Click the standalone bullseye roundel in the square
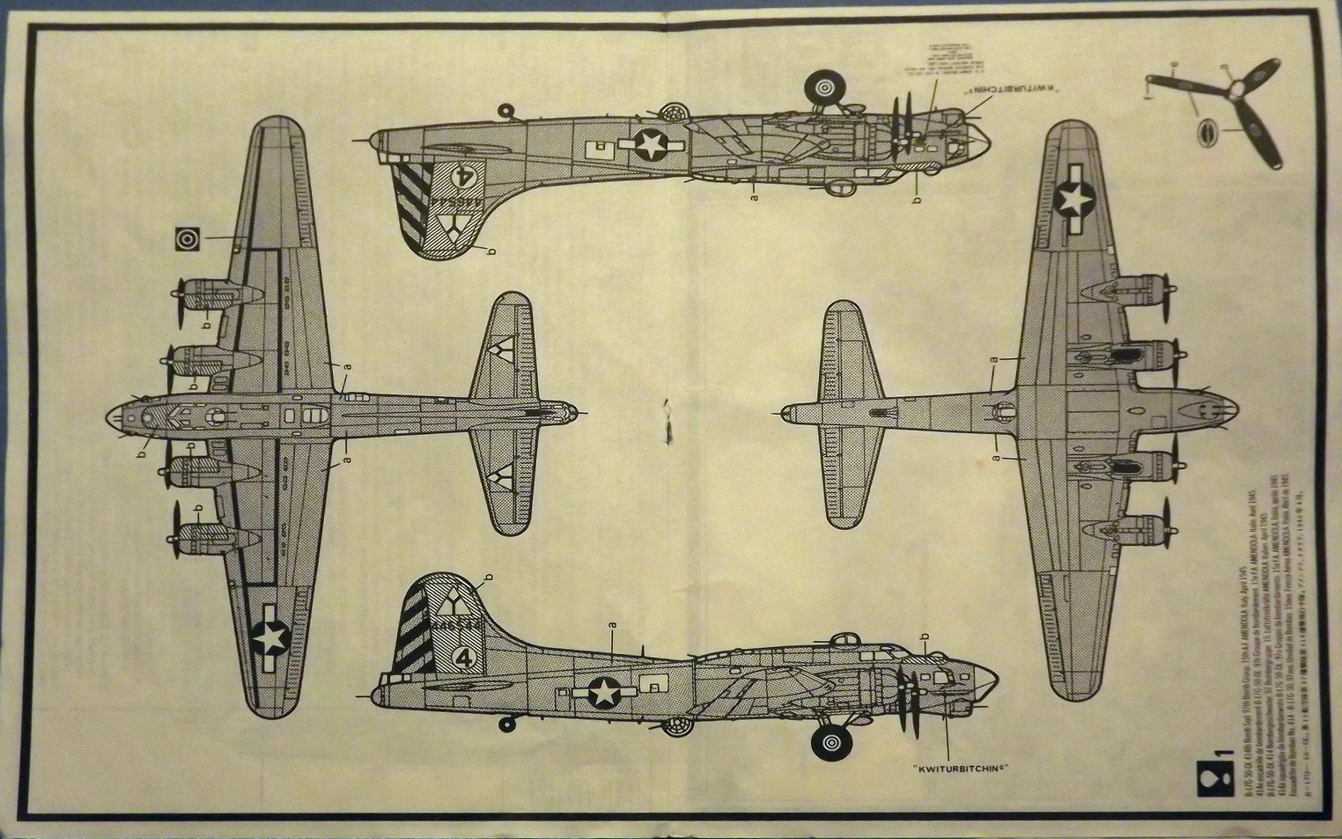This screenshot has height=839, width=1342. (x=188, y=239)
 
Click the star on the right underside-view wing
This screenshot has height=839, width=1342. (x=1074, y=201)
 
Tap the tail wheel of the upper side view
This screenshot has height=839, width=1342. (x=505, y=110)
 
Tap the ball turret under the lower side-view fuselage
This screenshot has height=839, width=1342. (x=675, y=725)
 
